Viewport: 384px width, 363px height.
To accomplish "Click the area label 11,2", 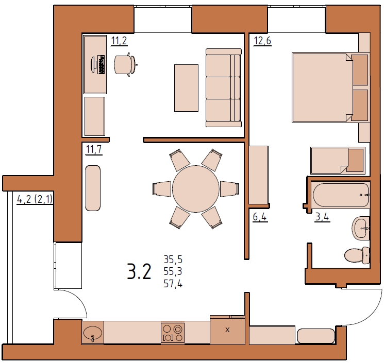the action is coord(119,41).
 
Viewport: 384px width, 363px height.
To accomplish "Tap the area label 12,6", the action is coord(262,41).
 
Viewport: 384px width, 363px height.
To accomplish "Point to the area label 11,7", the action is coord(94,149).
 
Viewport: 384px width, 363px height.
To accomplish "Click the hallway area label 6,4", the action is coord(260,217).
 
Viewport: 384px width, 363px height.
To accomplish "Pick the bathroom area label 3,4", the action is coord(322,217).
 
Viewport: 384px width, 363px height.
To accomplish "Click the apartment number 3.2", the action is coord(139,271).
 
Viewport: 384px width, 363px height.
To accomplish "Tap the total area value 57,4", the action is coord(173,284).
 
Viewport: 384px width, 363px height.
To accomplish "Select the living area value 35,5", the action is coord(173,260).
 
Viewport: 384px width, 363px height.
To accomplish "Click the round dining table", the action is coord(196,189).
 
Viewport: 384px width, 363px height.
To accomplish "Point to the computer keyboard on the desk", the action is coord(101,64).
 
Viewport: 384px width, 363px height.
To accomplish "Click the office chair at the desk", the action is coord(125,64).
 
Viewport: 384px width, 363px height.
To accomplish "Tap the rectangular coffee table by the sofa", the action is coord(186,88).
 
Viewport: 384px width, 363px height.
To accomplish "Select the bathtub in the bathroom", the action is coord(341,195).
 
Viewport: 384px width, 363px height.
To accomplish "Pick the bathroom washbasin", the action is coord(360,228).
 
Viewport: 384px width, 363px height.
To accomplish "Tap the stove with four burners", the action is coord(173,333).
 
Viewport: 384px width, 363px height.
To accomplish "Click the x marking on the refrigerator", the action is coord(227,330).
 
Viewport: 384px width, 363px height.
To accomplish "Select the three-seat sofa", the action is coord(224,88).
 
